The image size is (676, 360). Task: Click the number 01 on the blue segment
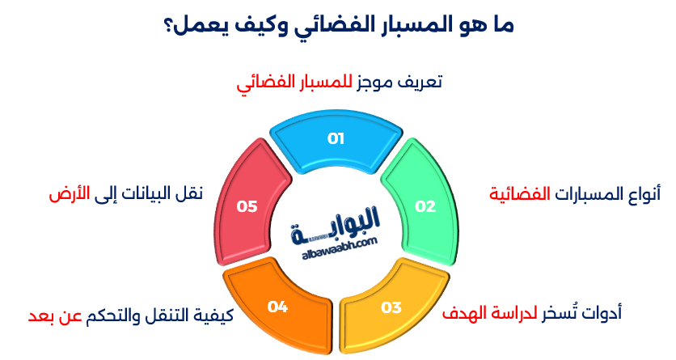pos(336,138)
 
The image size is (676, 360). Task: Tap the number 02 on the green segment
pos(425,206)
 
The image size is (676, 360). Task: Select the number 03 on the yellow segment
pos(391,307)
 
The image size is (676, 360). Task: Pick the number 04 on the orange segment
pos(278,307)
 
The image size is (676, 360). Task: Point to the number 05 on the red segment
pos(247,206)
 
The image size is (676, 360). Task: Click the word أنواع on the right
pos(641,194)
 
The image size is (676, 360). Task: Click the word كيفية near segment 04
pos(214,314)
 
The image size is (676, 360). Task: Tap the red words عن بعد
pos(49,314)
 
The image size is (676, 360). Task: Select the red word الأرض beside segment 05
pos(68,193)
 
